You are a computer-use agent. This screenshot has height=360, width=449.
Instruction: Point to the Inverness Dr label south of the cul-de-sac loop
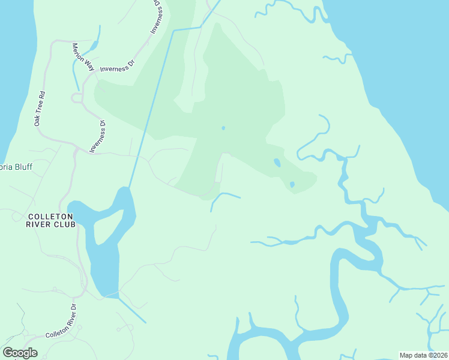(98, 137)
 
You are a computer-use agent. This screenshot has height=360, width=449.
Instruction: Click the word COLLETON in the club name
(50, 216)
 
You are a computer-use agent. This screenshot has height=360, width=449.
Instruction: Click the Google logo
(20, 353)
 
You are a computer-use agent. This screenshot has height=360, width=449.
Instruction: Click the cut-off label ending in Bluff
(16, 167)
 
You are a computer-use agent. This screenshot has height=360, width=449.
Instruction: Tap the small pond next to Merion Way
(93, 47)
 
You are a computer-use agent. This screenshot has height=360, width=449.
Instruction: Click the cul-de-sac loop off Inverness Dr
(76, 98)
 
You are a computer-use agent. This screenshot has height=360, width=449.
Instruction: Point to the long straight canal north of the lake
(151, 108)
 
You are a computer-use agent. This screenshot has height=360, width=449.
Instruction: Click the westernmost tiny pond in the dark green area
(223, 128)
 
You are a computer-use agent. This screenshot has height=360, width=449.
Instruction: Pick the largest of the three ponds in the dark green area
(277, 163)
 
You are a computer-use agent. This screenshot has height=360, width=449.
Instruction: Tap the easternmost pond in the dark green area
(292, 184)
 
